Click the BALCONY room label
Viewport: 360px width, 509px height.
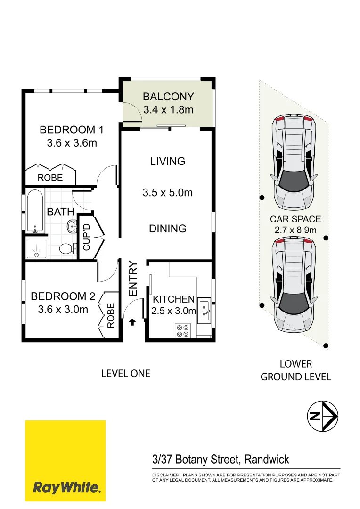[168, 97]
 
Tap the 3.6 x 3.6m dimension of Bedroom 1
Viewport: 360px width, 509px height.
[72, 143]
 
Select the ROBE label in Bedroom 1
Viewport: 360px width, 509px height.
[50, 178]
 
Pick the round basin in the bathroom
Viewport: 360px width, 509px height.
[72, 226]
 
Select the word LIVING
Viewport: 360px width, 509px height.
[168, 161]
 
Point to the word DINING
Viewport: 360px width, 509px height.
[168, 229]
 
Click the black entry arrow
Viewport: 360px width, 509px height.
[132, 322]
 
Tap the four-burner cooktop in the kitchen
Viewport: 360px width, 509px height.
[182, 330]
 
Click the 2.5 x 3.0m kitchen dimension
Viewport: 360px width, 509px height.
[173, 311]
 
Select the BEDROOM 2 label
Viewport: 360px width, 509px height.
[63, 296]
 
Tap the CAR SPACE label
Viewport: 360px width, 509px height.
[295, 219]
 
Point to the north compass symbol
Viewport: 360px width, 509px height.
[322, 416]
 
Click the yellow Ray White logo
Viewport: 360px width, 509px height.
[65, 461]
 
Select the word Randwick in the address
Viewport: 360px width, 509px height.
[266, 459]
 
